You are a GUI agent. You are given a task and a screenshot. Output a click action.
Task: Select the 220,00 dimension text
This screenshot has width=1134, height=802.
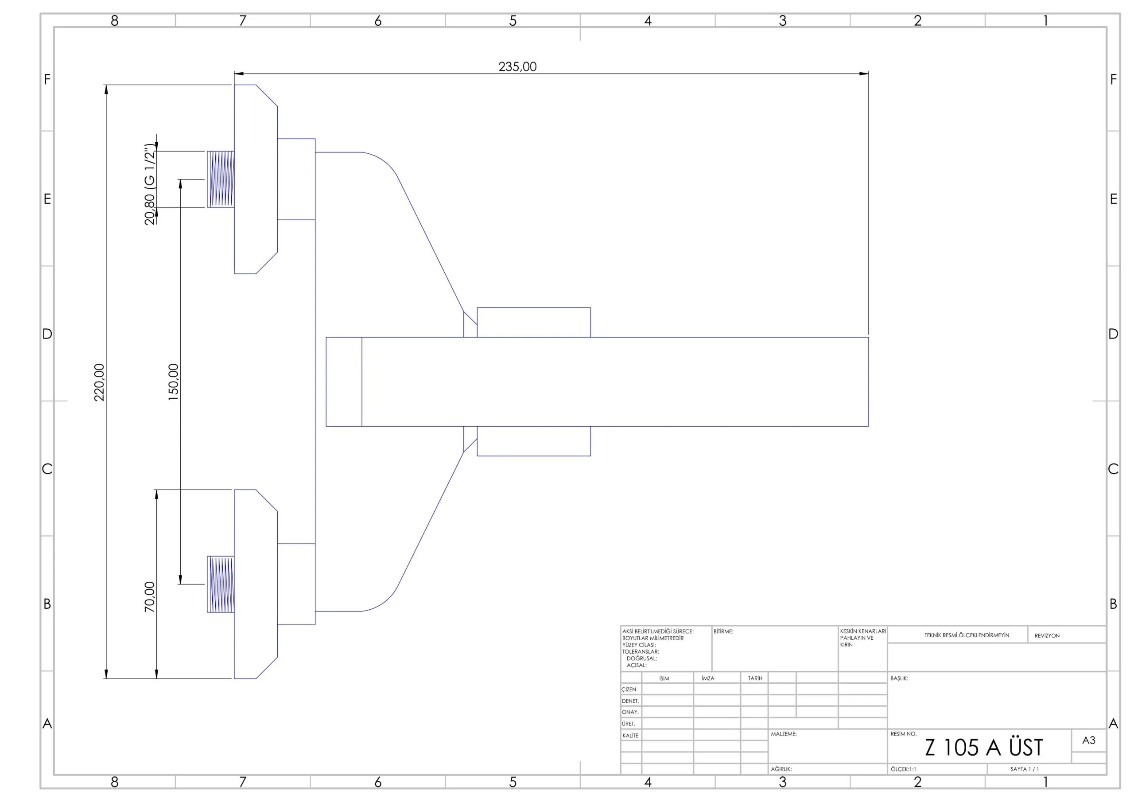tap(99, 382)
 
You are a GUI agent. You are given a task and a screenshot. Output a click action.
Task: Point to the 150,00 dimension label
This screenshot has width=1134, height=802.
tap(173, 382)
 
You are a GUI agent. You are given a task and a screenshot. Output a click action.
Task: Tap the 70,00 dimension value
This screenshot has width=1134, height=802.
tap(150, 597)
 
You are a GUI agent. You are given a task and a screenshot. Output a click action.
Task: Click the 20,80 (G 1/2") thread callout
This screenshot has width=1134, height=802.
tap(150, 184)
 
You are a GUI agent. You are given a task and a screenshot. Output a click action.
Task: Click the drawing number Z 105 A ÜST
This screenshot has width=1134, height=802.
tap(984, 747)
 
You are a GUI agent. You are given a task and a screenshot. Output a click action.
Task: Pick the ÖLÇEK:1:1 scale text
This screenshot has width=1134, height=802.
tap(903, 769)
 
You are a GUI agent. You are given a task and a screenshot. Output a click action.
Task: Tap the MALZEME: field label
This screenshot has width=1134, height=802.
tap(784, 734)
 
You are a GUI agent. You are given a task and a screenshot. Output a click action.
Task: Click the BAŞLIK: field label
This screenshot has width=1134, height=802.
tap(899, 678)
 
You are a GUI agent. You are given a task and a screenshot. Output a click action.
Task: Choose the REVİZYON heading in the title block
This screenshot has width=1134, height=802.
tap(1047, 635)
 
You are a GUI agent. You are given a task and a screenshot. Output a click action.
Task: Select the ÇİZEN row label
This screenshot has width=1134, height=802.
tap(629, 689)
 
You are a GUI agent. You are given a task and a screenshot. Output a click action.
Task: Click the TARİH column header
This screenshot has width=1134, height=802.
tap(755, 678)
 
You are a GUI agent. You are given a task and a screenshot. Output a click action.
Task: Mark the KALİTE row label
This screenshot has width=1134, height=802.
tap(630, 736)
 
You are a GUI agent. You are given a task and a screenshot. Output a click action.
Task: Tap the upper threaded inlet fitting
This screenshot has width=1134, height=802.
tap(220, 179)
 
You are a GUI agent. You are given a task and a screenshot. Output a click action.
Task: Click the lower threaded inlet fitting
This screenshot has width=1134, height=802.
tap(220, 584)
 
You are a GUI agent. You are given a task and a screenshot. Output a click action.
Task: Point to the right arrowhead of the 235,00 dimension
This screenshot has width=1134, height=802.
tap(864, 74)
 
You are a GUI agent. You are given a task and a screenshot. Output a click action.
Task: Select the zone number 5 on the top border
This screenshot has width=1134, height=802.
tap(513, 21)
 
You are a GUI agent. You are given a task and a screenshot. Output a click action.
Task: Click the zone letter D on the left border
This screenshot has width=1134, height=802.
tap(47, 334)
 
